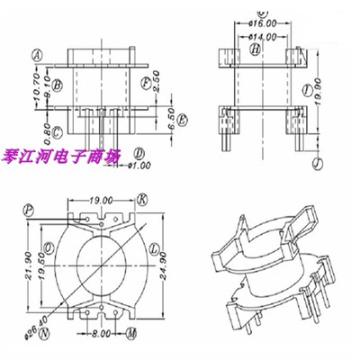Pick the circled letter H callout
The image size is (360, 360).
(256, 50)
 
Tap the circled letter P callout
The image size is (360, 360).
(31, 208)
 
